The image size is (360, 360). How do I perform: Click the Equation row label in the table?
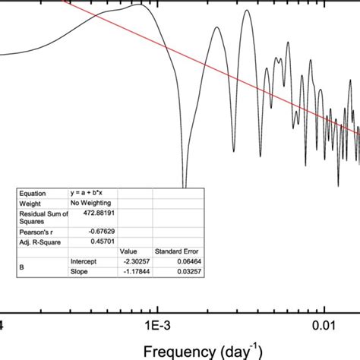33,193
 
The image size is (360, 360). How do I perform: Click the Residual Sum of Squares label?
43,217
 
